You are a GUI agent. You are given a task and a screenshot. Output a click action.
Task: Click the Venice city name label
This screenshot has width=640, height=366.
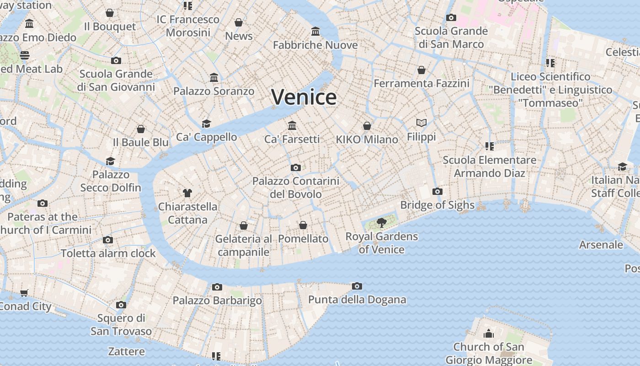(x=304, y=97)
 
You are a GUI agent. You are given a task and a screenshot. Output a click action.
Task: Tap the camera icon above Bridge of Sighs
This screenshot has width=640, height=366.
(x=437, y=191)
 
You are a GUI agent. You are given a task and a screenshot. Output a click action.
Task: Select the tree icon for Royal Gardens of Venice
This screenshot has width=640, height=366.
(x=381, y=223)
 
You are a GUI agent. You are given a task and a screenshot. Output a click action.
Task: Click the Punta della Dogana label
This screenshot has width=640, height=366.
(x=357, y=300)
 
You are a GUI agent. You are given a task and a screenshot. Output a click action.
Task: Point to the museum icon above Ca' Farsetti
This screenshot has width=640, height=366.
(x=292, y=125)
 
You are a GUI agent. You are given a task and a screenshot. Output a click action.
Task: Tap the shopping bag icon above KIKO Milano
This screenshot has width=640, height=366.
(x=367, y=126)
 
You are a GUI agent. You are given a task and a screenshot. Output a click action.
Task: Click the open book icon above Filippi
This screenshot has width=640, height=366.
(x=421, y=123)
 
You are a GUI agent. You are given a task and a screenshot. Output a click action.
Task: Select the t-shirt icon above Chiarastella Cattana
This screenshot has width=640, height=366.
(x=187, y=193)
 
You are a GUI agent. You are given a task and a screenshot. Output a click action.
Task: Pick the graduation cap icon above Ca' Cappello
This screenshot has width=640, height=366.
(x=207, y=124)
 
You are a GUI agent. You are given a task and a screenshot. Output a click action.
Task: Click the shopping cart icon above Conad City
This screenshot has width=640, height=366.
(x=24, y=293)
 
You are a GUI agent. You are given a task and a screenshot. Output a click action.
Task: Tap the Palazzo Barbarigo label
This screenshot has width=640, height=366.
(x=217, y=301)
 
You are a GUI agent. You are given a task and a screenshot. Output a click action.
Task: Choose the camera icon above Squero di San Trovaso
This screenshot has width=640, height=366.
(x=121, y=305)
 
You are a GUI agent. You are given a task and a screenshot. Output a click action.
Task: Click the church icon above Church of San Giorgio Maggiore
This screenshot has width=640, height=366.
(x=489, y=334)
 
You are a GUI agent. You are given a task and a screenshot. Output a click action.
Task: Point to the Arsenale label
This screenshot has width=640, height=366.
(x=601, y=245)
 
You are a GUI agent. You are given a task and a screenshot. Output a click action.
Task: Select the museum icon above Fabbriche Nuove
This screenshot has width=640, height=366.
(x=315, y=31)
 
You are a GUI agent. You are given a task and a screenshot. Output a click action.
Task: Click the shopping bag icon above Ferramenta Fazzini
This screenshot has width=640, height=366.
(x=421, y=70)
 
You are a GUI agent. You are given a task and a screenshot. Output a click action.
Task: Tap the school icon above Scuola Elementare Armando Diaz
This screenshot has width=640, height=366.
(x=490, y=146)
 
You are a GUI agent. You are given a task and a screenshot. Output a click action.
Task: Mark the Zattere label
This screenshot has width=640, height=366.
(x=127, y=351)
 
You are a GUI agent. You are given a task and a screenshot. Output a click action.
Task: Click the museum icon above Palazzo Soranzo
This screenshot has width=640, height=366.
(x=214, y=77)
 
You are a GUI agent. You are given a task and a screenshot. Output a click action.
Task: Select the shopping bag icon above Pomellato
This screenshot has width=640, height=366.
(x=303, y=225)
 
